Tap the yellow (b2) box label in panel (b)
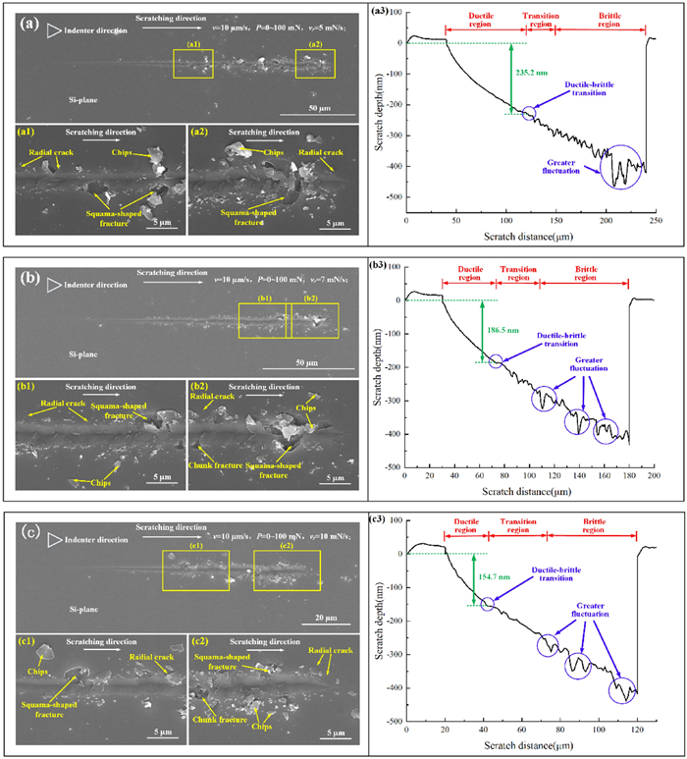[311, 299]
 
